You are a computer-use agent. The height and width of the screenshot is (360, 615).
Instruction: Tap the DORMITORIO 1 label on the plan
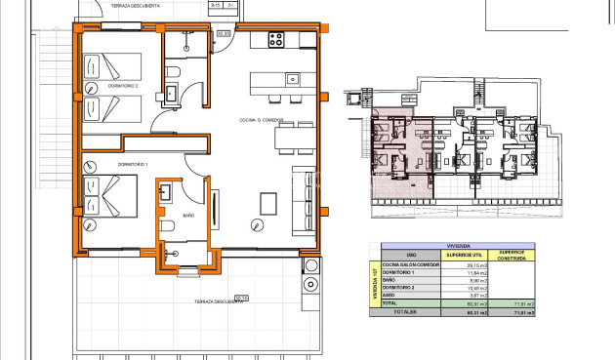coord(133,165)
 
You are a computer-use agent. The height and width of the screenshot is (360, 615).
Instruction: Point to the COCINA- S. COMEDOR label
coord(261,120)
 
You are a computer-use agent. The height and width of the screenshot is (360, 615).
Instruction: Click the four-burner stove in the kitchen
coord(275,41)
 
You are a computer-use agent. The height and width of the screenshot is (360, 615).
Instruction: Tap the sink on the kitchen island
coord(291,78)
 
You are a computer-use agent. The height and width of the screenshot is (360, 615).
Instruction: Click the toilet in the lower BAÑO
coord(167,227)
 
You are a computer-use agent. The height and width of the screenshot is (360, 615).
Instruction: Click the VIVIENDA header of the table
coord(458,247)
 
